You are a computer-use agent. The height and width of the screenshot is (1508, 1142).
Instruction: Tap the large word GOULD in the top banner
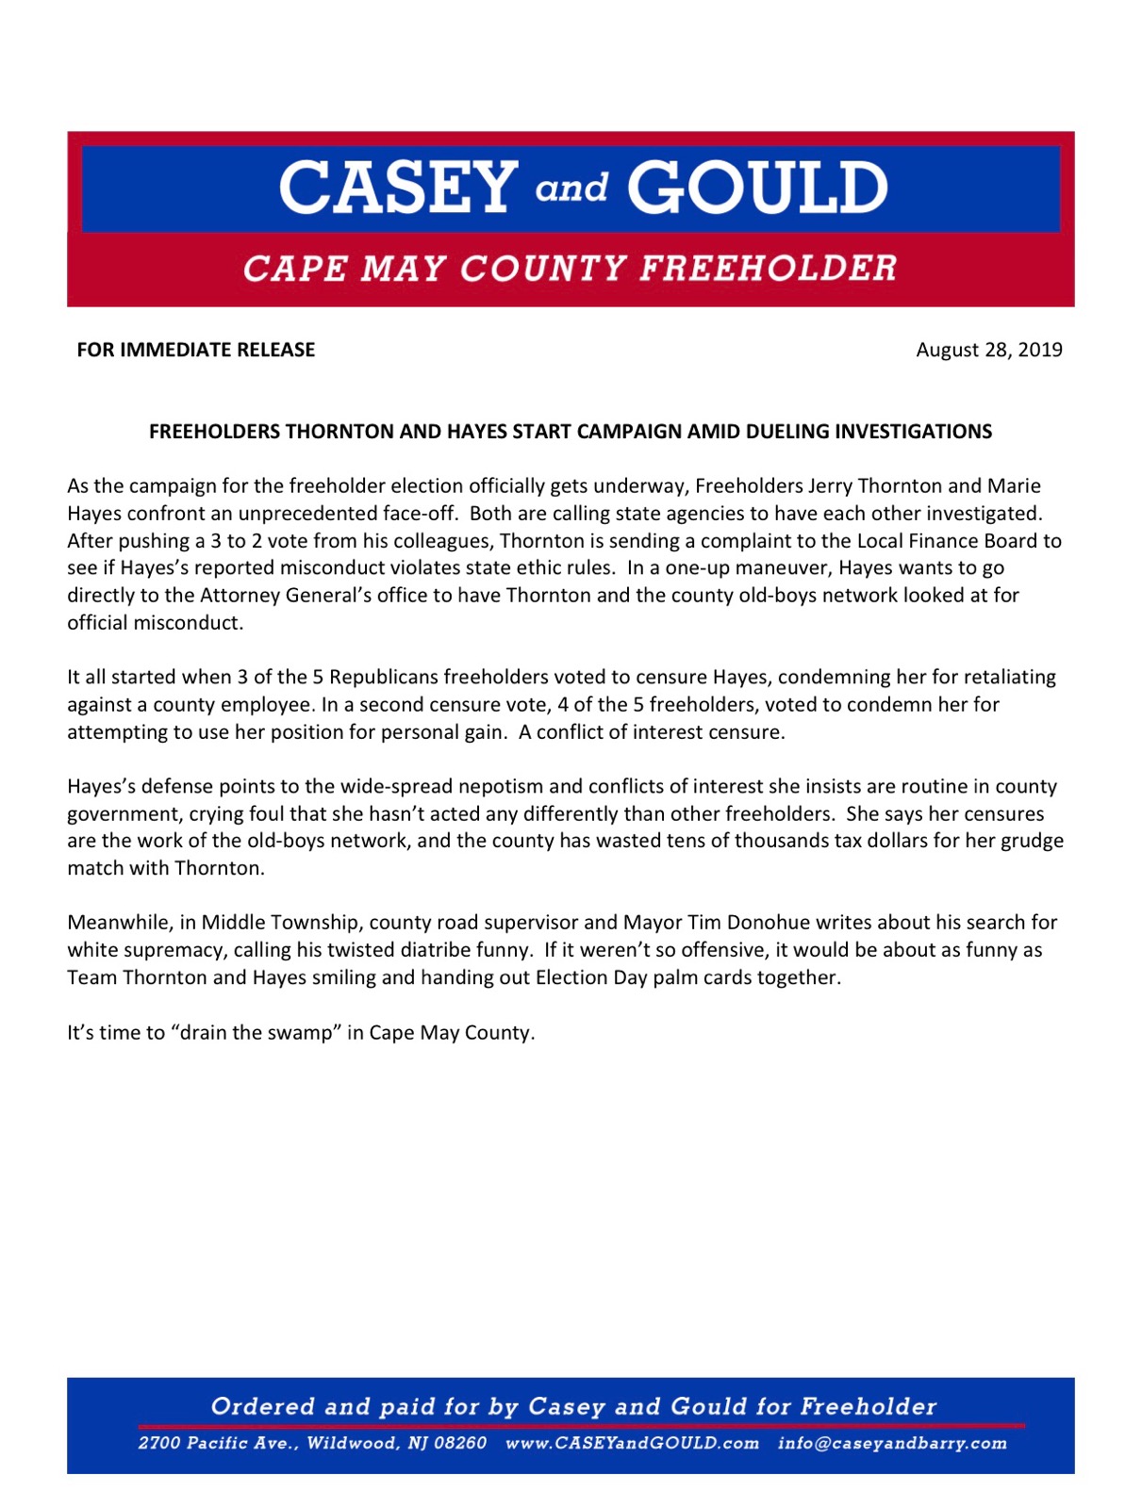point(757,187)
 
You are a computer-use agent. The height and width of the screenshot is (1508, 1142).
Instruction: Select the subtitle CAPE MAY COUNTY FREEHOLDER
point(570,269)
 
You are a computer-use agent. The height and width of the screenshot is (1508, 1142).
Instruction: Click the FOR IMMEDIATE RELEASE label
point(196,350)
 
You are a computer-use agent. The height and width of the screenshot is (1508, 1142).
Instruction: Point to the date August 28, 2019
point(989,350)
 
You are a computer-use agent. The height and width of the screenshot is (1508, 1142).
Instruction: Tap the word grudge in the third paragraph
point(1030,841)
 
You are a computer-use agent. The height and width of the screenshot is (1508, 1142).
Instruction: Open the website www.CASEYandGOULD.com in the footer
point(632,1444)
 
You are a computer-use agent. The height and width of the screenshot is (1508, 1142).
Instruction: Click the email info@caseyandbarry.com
point(892,1444)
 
